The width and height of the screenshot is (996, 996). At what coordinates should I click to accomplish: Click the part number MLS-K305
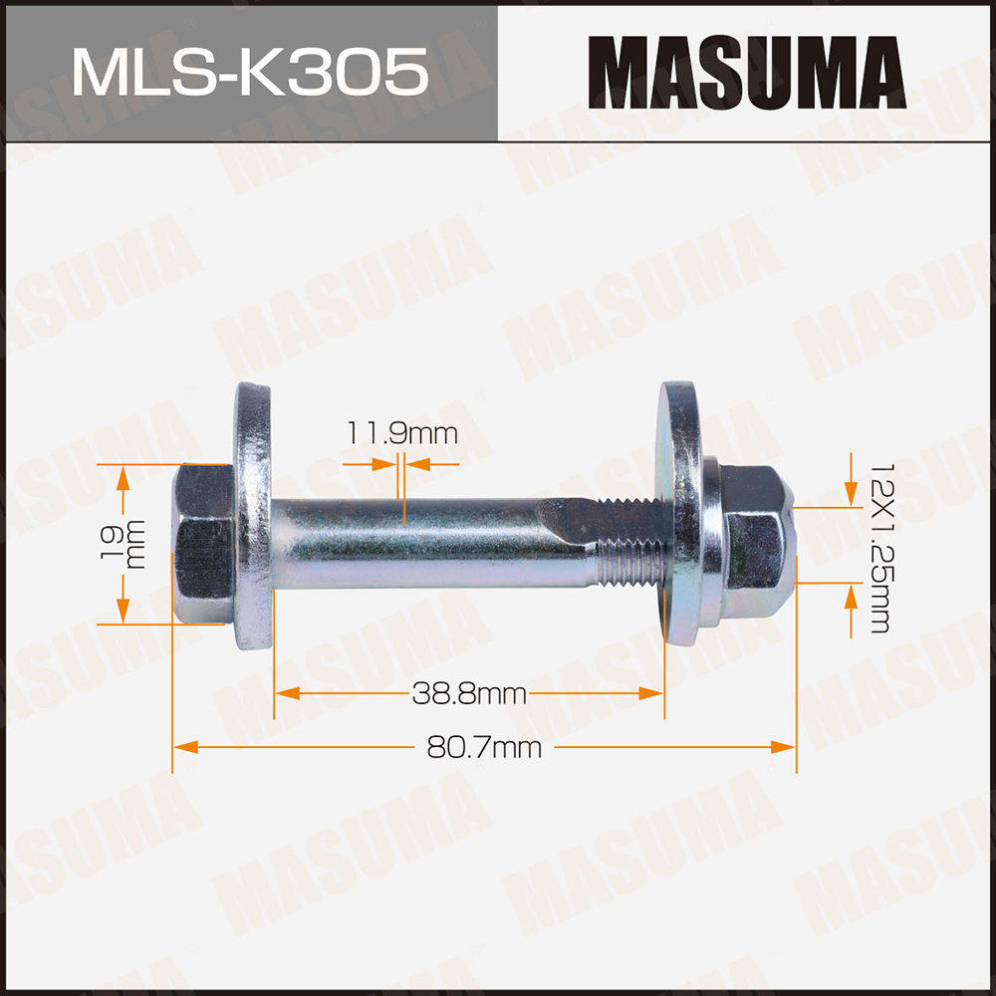(250, 71)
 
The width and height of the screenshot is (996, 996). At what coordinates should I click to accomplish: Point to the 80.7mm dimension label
(484, 747)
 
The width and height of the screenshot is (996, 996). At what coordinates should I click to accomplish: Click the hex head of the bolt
(203, 544)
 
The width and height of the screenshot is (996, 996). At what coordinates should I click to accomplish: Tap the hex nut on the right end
(752, 544)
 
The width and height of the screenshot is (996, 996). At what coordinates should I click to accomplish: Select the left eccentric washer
(254, 514)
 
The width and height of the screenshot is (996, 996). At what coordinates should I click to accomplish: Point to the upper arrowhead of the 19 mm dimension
(124, 477)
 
